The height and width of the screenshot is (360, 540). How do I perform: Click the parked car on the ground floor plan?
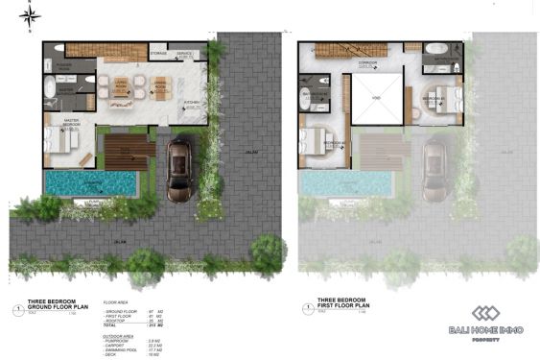coord(179,169)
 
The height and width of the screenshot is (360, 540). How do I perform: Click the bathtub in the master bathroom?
coord(51,87)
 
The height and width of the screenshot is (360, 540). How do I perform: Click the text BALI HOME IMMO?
coord(485,332)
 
